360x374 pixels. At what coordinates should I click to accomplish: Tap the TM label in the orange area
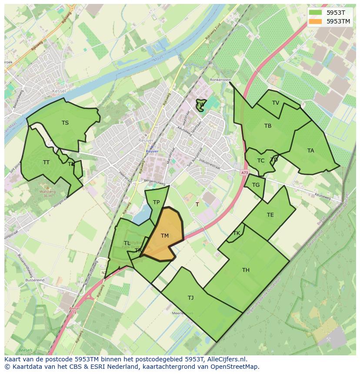coord(164,236)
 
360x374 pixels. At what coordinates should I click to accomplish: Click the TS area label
coord(65,123)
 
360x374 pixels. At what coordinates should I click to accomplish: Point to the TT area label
coord(46,162)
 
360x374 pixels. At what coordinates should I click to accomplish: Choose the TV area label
coord(276,103)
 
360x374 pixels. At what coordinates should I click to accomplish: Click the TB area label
coord(268,126)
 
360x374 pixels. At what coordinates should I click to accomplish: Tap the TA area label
coord(310,151)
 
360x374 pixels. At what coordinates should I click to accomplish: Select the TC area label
coord(261,161)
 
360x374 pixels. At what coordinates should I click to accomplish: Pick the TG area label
coord(256,185)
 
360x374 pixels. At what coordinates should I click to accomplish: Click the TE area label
coord(270,215)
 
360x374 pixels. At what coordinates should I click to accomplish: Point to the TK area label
coord(237,233)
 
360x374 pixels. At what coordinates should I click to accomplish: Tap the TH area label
coord(246,270)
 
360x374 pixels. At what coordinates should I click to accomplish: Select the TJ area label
coord(190,298)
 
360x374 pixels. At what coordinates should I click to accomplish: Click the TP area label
coord(156,202)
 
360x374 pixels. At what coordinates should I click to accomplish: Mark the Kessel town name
coord(58,92)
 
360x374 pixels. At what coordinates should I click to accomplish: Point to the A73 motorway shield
coord(244,172)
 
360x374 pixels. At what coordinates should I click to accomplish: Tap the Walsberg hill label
coord(48,191)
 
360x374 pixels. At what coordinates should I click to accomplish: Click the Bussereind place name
coord(35,281)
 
